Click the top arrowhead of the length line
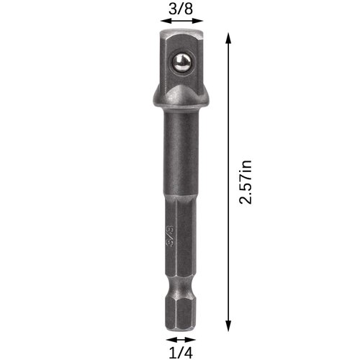coord(230,36)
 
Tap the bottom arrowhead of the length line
coord(230,325)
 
